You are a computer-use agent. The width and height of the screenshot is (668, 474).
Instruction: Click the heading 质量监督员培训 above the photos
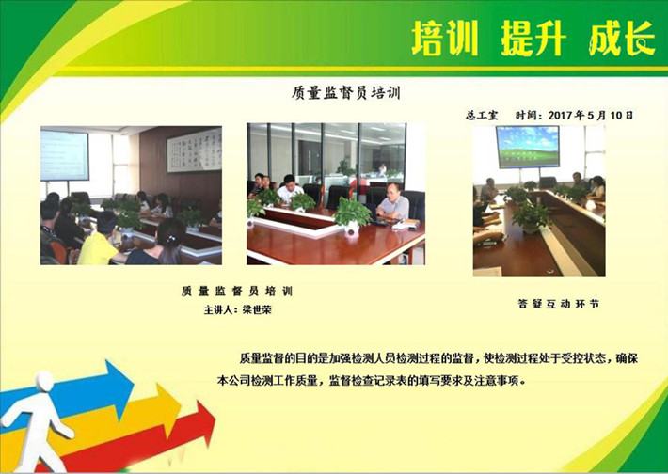[x=346, y=92]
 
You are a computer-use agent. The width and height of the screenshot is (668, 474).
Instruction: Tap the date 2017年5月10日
[x=591, y=115]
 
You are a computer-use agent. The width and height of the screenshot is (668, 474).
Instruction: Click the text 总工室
[x=482, y=115]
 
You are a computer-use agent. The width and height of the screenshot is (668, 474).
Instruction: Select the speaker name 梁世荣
[x=257, y=309]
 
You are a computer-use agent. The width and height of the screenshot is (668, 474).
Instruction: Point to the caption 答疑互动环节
[x=559, y=304]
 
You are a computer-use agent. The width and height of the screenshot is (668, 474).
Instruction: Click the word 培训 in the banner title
[x=445, y=39]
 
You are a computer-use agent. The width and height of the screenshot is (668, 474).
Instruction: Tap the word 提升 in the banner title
[x=533, y=39]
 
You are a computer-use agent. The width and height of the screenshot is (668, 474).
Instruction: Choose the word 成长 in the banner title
[x=622, y=39]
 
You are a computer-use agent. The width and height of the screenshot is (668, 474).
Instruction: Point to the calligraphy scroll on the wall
[x=194, y=150]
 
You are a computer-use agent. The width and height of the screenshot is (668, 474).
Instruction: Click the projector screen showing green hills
[x=528, y=147]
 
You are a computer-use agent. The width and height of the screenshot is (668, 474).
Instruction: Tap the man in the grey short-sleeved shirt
[x=392, y=203]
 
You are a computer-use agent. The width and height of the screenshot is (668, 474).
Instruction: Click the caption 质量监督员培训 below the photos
[x=237, y=292]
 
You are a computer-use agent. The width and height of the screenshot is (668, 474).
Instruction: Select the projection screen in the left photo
[x=64, y=155]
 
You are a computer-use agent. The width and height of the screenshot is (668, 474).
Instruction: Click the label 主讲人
[x=219, y=309]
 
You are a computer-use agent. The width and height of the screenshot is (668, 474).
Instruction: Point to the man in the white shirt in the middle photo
[x=289, y=189]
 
